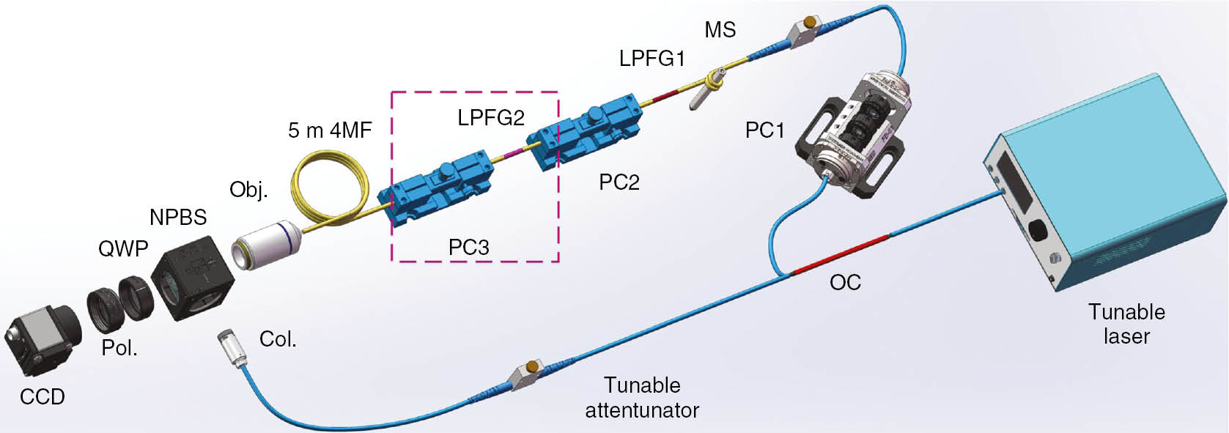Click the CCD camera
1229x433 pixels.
point(44,340)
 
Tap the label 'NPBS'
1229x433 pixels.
point(177,218)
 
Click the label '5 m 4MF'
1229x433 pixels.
point(330,130)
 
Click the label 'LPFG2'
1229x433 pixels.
point(491,118)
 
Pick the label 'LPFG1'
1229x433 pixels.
point(652,59)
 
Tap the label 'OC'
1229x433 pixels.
point(844,283)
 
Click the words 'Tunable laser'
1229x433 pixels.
point(1126,324)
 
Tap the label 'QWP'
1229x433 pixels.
point(123,249)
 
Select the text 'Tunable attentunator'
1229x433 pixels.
point(641,398)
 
